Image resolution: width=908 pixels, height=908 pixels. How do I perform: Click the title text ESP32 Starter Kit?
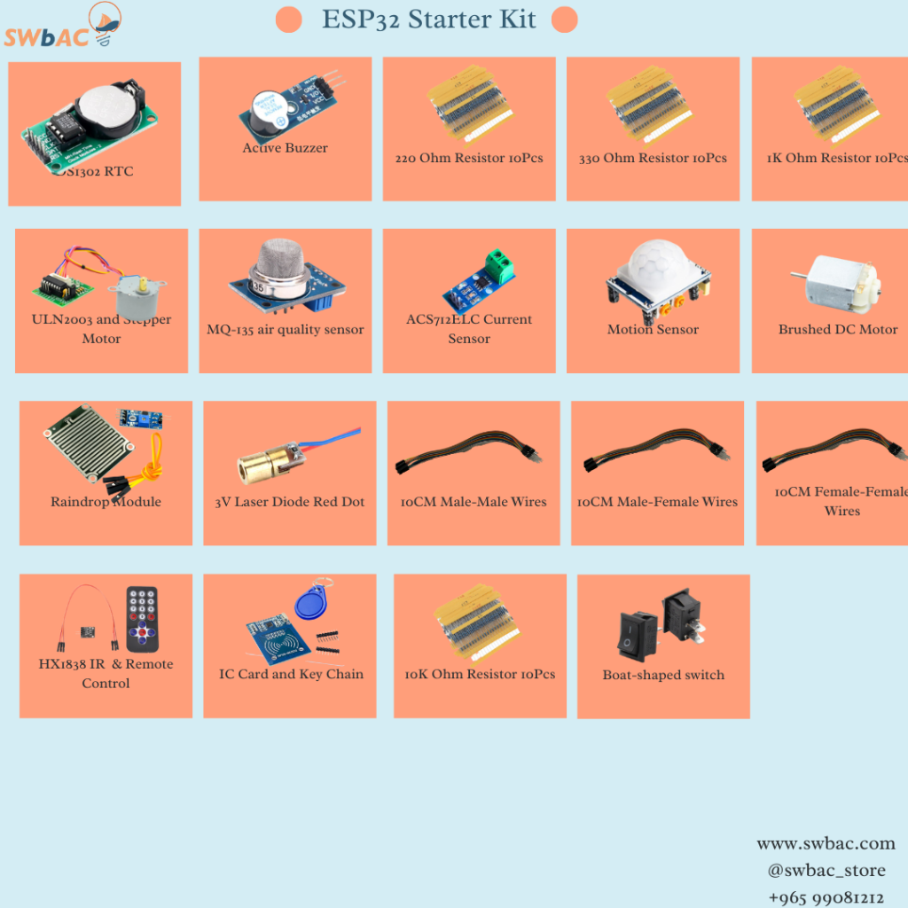tap(428, 20)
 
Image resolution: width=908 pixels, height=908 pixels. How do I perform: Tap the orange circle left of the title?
tap(289, 20)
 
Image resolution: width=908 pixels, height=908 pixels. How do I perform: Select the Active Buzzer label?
tap(285, 148)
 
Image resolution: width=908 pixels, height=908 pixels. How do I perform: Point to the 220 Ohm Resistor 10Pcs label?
tap(469, 159)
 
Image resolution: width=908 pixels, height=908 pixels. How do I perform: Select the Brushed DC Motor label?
tap(838, 330)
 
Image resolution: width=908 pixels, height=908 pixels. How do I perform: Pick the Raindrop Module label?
tap(106, 502)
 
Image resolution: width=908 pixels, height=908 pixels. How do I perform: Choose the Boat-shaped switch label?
tap(663, 675)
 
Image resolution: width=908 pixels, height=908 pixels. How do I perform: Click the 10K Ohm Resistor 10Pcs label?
tap(480, 674)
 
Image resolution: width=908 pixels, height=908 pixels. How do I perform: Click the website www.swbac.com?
tap(826, 843)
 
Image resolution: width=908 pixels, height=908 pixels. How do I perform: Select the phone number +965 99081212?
tap(826, 897)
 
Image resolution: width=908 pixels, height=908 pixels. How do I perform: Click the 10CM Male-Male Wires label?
tap(474, 502)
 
